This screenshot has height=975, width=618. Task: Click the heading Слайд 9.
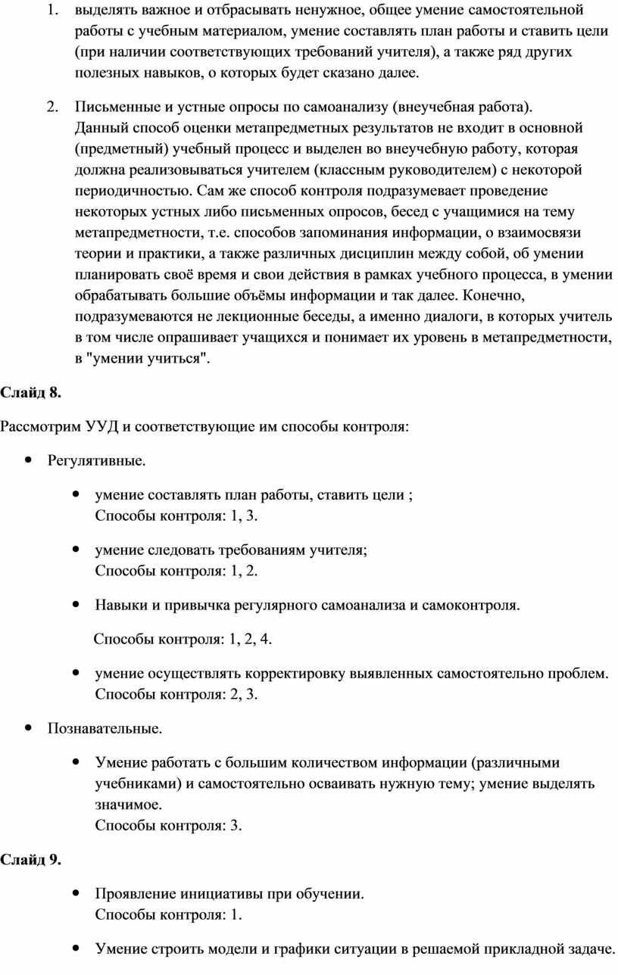[x=30, y=860]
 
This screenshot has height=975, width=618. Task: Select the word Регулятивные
[x=97, y=460]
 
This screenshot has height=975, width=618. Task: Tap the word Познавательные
[x=105, y=729]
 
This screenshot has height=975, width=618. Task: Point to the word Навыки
[x=118, y=606]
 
